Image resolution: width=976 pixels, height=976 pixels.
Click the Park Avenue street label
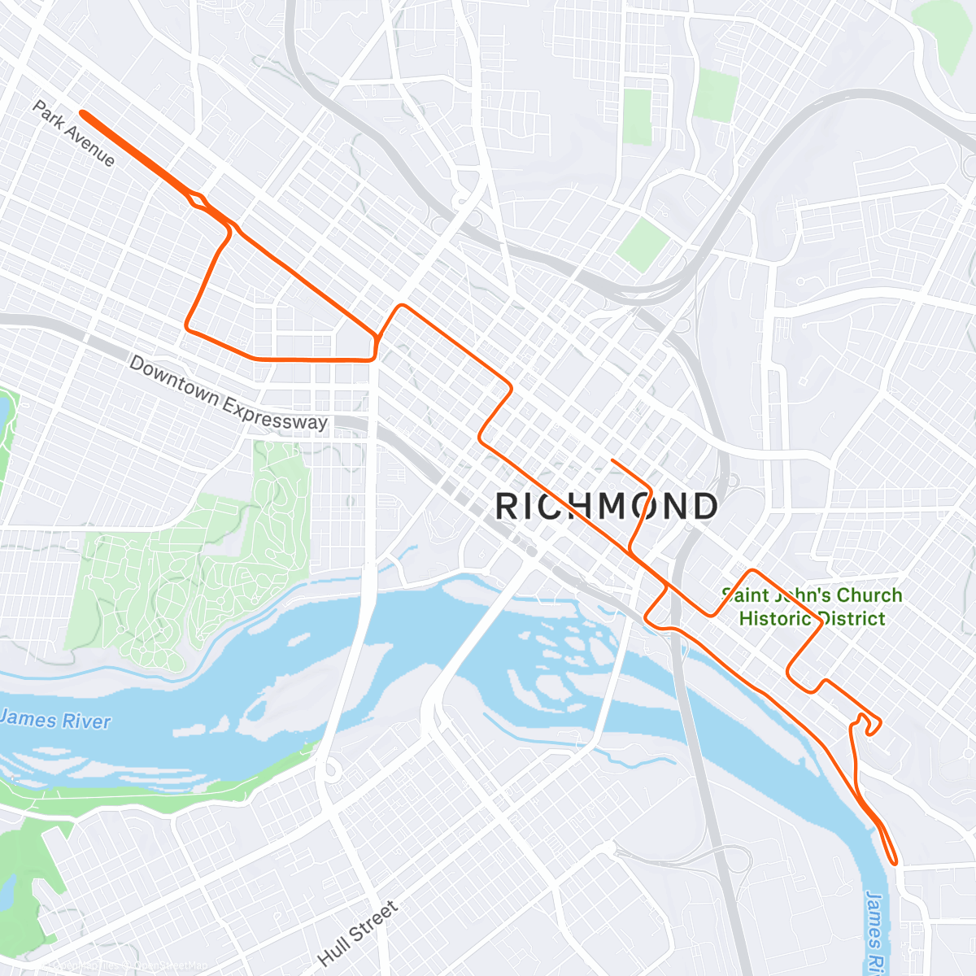tap(74, 133)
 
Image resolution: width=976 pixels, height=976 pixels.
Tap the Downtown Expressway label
tap(229, 393)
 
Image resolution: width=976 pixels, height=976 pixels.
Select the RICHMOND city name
tap(607, 506)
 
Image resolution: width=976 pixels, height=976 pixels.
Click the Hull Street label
tap(359, 933)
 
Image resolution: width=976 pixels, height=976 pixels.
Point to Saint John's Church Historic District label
tap(812, 607)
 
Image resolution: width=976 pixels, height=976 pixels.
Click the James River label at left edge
tap(54, 720)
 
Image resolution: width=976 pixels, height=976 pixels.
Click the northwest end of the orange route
tap(82, 114)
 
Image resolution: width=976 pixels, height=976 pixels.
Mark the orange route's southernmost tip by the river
tap(895, 862)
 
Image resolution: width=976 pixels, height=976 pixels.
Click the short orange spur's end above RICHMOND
tap(612, 460)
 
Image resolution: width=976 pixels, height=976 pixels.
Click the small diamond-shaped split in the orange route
tap(198, 199)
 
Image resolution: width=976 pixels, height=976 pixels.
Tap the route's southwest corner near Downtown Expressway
tap(188, 329)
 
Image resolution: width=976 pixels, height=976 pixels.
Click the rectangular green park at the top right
tap(716, 96)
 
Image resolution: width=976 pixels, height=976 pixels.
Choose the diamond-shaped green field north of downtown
tap(643, 243)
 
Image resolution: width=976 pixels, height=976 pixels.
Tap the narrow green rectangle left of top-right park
tap(638, 117)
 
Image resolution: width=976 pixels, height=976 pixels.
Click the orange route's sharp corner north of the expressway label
tap(400, 306)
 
